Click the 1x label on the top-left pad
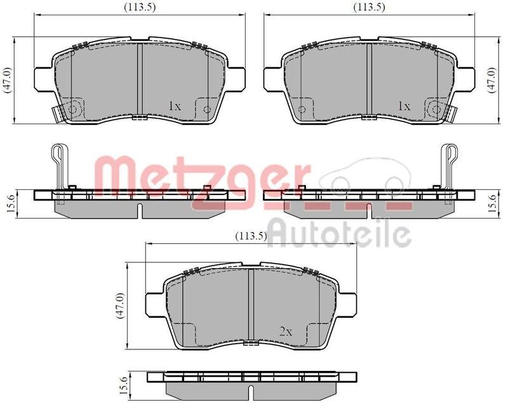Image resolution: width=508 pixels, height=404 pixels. (175, 106)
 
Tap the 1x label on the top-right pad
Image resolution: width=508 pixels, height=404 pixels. (404, 106)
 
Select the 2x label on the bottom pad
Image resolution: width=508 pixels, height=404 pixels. (285, 331)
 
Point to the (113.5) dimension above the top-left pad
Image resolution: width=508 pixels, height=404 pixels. (139, 7)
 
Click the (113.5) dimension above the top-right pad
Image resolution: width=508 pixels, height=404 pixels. (370, 7)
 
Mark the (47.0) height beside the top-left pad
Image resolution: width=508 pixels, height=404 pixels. (8, 81)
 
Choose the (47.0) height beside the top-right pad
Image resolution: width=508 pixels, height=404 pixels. (490, 81)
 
